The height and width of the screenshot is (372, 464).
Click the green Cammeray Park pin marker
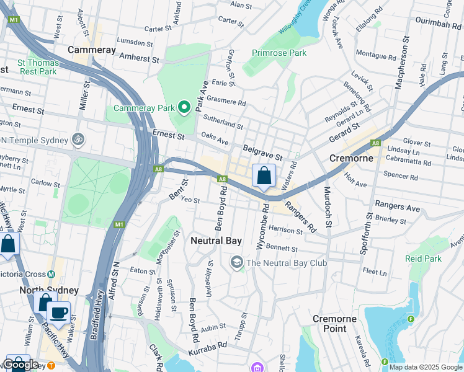point(184,108)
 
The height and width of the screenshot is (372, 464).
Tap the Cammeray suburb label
point(92,49)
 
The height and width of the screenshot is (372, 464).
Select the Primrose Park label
point(279,53)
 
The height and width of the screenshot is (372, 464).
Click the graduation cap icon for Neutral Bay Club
point(236,263)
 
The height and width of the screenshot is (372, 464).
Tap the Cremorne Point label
point(334,324)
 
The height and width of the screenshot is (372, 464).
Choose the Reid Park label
point(423,259)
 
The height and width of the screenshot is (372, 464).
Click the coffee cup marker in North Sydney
point(58,312)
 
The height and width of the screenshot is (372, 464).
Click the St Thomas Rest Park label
point(38,67)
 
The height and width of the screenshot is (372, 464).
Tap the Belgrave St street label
point(262,150)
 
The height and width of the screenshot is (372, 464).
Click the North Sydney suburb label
point(49,290)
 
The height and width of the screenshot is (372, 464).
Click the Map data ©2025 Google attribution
point(426,367)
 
